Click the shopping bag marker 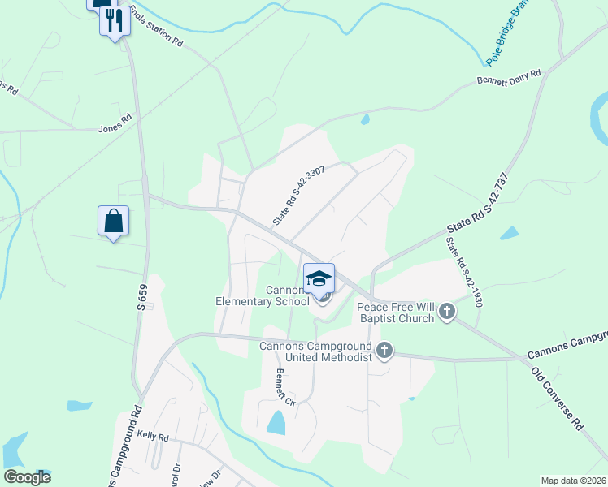tap(113, 222)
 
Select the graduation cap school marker tap(319, 278)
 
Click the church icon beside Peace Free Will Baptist tap(447, 310)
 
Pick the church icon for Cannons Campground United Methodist tap(384, 351)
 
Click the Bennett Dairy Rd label tap(508, 78)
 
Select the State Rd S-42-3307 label tap(299, 196)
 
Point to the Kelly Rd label tap(152, 437)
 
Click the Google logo tap(27, 477)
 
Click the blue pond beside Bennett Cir tap(276, 422)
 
